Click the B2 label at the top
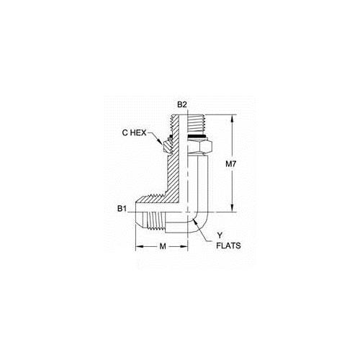point(181,104)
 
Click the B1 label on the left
point(122,209)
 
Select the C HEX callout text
point(134,132)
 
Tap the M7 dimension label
point(231,164)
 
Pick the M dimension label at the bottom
point(163,246)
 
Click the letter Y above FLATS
point(220,235)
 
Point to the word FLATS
point(228,246)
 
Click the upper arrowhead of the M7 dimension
point(232,119)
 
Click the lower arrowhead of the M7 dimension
point(232,208)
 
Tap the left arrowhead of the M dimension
point(140,246)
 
